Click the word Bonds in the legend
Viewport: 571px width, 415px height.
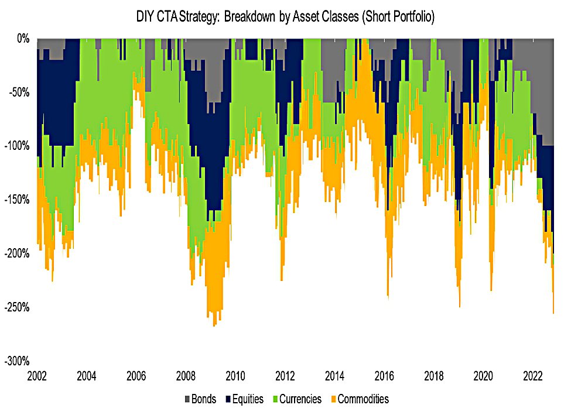[204, 399]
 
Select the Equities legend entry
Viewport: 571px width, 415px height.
[248, 399]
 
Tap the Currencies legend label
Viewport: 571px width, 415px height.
[300, 399]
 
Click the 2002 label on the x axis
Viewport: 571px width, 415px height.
[37, 375]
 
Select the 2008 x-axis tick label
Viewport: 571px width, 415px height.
[186, 375]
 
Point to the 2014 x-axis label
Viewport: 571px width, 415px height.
[334, 375]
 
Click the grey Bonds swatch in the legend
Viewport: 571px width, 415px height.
[187, 399]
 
